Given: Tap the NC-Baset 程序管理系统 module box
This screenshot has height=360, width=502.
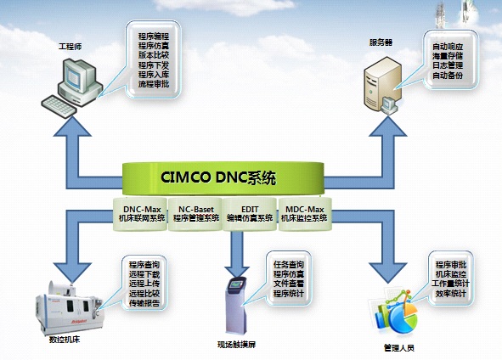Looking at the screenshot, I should tap(195, 212).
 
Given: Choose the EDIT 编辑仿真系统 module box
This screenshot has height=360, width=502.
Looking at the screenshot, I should tap(248, 212).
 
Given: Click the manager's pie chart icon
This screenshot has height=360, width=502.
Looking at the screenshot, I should tap(397, 318).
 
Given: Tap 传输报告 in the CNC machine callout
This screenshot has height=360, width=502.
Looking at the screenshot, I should tap(144, 303).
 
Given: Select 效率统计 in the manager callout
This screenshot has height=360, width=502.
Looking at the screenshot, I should tap(451, 294).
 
